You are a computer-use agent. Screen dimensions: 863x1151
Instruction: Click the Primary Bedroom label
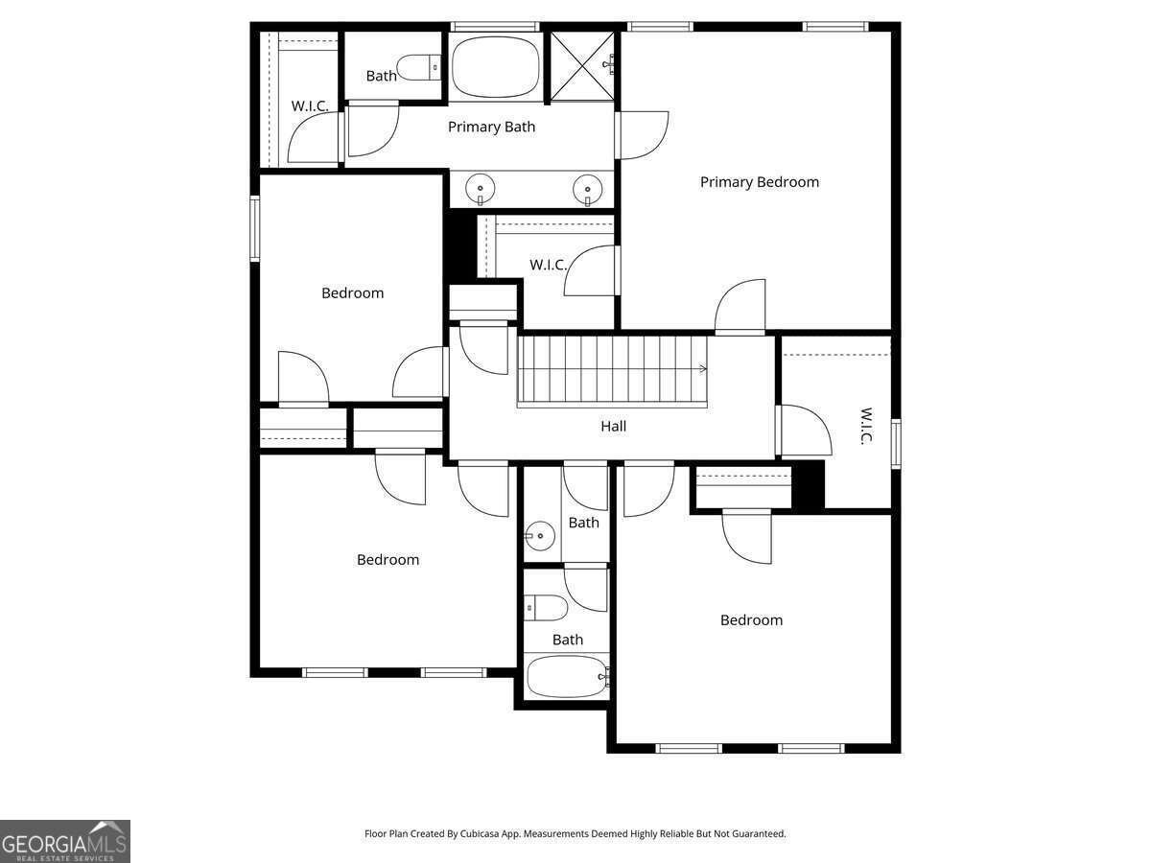click(x=759, y=182)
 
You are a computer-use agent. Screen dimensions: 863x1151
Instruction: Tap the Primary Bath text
click(x=491, y=127)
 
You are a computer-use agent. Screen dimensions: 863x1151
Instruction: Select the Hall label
click(x=613, y=426)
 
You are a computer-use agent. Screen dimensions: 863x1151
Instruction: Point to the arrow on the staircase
click(x=703, y=368)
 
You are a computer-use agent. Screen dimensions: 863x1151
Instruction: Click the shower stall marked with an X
click(x=582, y=65)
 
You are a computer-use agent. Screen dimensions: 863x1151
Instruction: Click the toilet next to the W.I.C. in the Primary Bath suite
click(x=418, y=67)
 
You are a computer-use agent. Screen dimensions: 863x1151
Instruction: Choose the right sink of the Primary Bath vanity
click(x=587, y=187)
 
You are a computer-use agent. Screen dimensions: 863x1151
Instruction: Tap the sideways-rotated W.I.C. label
click(x=865, y=426)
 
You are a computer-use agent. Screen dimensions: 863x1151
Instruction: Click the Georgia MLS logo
click(x=64, y=841)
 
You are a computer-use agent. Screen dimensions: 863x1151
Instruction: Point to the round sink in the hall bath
click(x=541, y=537)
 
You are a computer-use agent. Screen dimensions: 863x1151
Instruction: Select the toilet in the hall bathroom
click(x=546, y=608)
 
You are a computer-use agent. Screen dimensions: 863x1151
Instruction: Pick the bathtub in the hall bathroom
click(x=567, y=677)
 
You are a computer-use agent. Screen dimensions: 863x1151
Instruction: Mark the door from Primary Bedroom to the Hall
click(x=740, y=307)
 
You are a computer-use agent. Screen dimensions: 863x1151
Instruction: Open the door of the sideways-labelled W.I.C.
click(x=804, y=431)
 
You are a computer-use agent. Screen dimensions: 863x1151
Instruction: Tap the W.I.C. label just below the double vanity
click(x=548, y=265)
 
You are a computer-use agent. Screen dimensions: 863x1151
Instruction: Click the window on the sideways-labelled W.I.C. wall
click(x=896, y=443)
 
